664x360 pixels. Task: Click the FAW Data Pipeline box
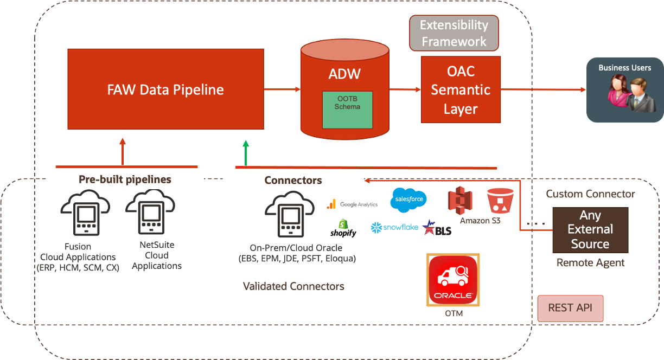point(165,89)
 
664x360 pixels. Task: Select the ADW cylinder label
point(344,74)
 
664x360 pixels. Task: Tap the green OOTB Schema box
point(347,110)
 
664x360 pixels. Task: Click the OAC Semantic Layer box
point(461,90)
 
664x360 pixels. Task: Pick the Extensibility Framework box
point(454,33)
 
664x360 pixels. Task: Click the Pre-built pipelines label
point(125,179)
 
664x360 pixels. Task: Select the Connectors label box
point(293,181)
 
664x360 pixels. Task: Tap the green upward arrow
point(246,152)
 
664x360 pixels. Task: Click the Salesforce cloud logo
point(408,200)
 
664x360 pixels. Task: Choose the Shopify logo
point(343,228)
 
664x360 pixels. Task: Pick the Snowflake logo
point(394,228)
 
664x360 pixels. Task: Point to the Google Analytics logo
point(352,204)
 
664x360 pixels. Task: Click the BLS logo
point(437,228)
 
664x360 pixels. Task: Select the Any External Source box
point(590,230)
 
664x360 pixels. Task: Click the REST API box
point(570,308)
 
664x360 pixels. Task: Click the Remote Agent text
point(590,263)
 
